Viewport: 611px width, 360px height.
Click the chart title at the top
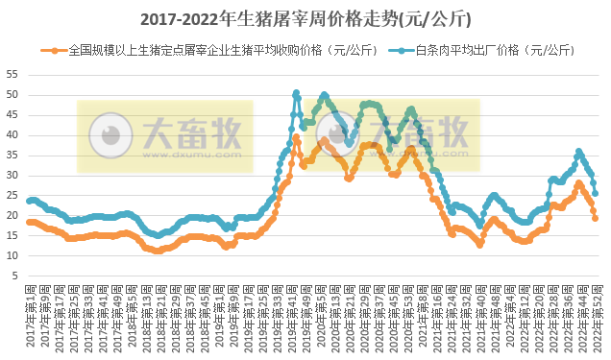pos(305,18)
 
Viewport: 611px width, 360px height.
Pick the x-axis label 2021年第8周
pos(422,322)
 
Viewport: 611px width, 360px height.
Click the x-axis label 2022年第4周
pos(506,322)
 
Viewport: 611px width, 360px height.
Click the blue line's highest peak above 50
pos(296,93)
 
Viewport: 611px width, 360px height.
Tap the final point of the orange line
pos(596,218)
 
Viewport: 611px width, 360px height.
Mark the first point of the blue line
pos(29,201)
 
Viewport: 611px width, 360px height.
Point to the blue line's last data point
pos(596,193)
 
